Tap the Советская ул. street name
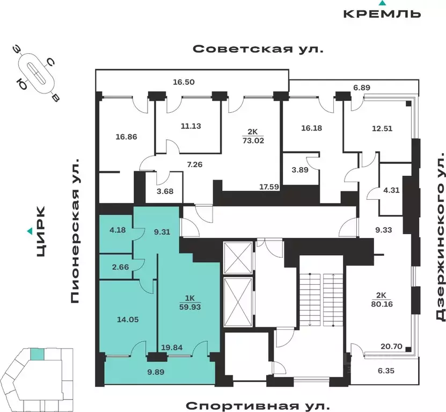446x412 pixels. pos(258,49)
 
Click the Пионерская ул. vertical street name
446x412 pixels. pos(76,230)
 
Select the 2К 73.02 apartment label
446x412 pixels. pos(253,136)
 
